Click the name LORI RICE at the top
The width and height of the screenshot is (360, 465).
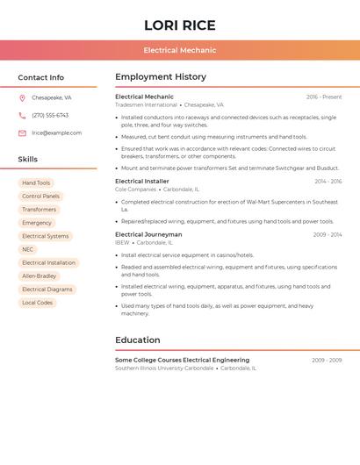tap(179, 25)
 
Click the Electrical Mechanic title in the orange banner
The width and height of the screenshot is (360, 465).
tap(179, 50)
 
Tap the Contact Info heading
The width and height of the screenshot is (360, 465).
tap(40, 77)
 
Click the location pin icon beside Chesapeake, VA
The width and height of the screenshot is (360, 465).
tap(22, 98)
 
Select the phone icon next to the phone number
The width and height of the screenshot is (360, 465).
tap(22, 116)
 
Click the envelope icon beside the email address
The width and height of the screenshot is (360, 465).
tap(22, 133)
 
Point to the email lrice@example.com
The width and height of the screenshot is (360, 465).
tap(56, 133)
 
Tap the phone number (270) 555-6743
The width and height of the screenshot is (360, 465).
tap(50, 116)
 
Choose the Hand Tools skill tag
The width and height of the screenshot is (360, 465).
tap(36, 183)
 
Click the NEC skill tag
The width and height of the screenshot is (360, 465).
tap(28, 249)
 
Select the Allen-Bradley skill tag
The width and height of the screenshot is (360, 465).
tap(39, 275)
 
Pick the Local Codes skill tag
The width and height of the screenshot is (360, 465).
tap(38, 303)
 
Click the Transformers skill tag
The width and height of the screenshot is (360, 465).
tap(39, 210)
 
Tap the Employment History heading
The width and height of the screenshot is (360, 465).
tap(161, 77)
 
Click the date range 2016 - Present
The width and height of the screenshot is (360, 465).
tap(324, 97)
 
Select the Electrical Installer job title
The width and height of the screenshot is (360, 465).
tap(142, 182)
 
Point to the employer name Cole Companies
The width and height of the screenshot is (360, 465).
tap(135, 190)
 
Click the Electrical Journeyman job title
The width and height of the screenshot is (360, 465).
tap(148, 235)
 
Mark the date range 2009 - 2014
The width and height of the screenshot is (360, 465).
tap(328, 235)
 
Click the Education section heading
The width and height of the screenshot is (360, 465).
tap(138, 340)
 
